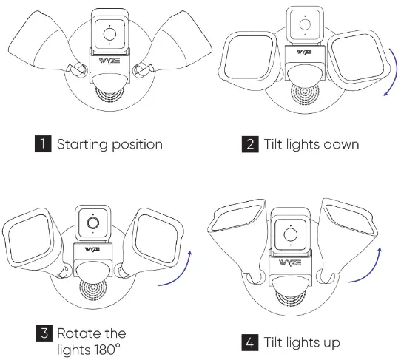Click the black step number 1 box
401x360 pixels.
[x=46, y=143]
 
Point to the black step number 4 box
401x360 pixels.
[x=250, y=343]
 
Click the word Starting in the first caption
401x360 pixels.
[x=84, y=144]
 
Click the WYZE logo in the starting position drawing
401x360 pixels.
[x=110, y=58]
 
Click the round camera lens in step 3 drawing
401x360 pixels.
[x=92, y=222]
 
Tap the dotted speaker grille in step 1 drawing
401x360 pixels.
[x=110, y=97]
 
